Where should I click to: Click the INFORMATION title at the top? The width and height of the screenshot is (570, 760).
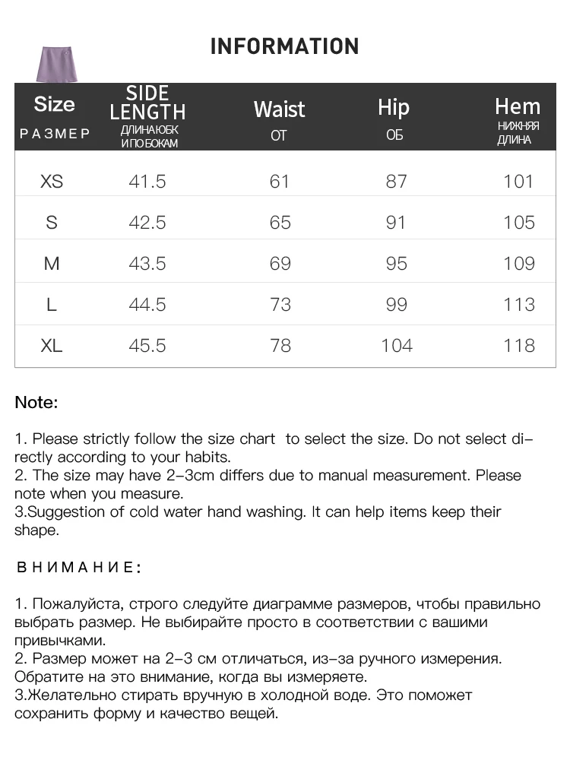(x=284, y=46)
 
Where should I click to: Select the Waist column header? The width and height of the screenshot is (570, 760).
(x=279, y=109)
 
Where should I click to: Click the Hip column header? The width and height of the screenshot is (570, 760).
(x=394, y=108)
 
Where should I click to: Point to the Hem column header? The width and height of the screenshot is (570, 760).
(x=518, y=107)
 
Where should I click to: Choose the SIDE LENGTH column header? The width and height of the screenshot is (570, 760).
(x=147, y=103)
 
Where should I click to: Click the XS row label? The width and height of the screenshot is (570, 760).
(x=52, y=182)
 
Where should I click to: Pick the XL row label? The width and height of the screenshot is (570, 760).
(x=52, y=346)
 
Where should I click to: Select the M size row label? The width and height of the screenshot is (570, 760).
(x=52, y=264)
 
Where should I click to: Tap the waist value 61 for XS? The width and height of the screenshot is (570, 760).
(x=280, y=182)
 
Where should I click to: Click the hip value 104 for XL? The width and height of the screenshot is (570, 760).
(x=397, y=346)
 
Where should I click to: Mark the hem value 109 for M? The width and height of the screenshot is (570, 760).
(x=519, y=264)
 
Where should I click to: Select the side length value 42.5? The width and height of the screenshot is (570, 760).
(x=147, y=223)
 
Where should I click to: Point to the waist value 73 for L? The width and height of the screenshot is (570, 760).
(x=280, y=305)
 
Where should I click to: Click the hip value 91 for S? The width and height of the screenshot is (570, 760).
(x=397, y=223)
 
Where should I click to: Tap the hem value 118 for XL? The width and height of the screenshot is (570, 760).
(x=519, y=346)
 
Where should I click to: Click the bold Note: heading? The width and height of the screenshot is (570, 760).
(x=36, y=403)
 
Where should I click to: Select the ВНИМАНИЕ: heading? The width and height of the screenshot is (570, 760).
(x=79, y=568)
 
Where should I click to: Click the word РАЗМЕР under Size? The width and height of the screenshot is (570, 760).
(x=55, y=134)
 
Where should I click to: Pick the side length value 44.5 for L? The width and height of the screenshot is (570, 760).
(x=147, y=305)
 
